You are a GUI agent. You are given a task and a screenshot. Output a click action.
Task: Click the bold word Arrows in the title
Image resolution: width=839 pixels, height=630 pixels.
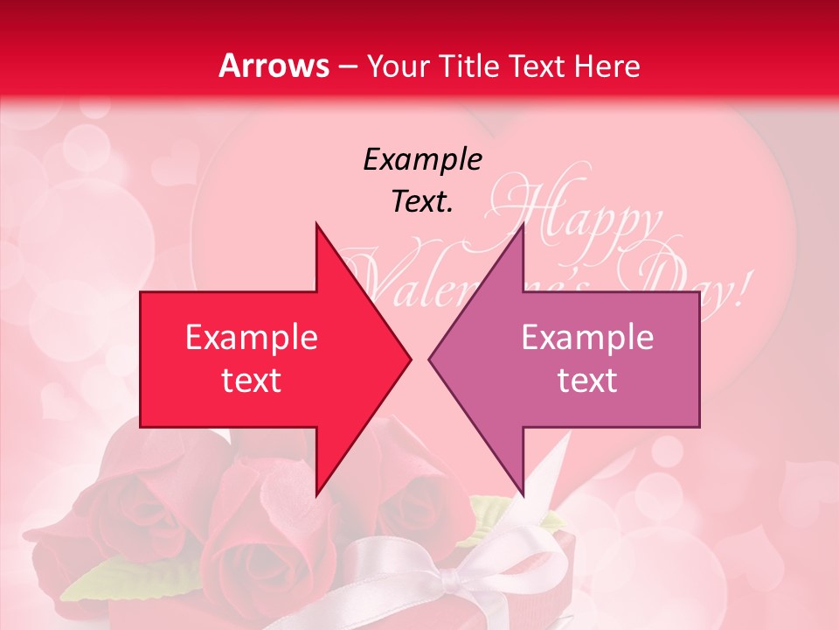coord(274,66)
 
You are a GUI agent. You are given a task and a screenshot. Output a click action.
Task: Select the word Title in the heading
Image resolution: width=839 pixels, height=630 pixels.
coord(471,66)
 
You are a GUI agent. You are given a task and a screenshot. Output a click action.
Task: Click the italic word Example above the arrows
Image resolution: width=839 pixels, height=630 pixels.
coord(422,160)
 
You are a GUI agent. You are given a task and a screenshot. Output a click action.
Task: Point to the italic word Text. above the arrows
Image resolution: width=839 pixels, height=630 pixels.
coord(422,202)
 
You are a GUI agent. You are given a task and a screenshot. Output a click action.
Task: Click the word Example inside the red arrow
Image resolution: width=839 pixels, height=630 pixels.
coord(252,338)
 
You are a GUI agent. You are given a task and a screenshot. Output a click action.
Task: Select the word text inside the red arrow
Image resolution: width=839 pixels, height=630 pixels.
coord(252,381)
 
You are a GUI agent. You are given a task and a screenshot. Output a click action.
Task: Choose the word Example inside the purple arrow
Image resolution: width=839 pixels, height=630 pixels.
coord(587,338)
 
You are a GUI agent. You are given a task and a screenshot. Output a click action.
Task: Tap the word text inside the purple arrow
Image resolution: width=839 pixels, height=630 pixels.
coord(587,381)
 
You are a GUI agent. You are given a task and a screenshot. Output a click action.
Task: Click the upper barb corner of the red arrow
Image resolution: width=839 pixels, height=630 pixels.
coord(316,225)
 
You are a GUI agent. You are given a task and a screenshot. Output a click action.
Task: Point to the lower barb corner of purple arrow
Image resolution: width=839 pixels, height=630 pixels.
coord(523,495)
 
